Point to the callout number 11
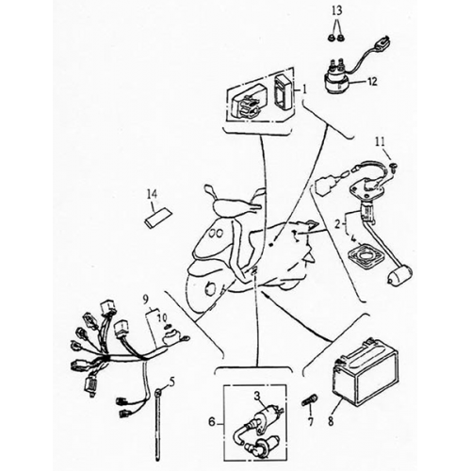381,141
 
